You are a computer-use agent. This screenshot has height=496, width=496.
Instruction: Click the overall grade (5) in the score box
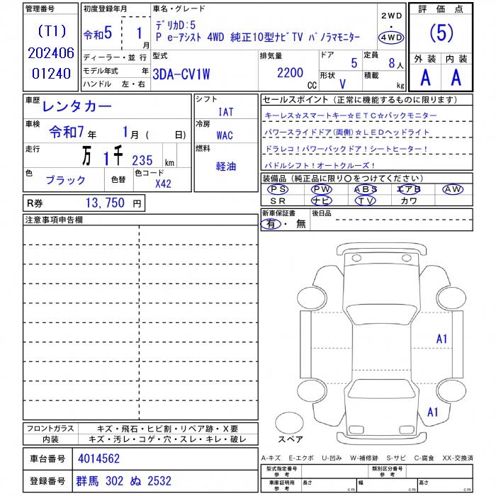pos(441,34)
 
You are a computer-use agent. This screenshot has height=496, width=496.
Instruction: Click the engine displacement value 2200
pos(291,72)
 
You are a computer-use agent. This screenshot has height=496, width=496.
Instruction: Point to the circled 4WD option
pos(391,38)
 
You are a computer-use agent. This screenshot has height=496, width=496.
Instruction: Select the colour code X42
pos(163,184)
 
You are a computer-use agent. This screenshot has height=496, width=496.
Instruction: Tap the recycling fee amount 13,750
pos(105,203)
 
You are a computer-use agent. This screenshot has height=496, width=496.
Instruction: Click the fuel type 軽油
pos(227,167)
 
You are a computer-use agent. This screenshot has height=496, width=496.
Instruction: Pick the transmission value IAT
pos(226,112)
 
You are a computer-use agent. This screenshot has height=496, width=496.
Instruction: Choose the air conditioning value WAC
pos(225,135)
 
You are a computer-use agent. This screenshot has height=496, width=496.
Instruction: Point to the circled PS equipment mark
pos(278,189)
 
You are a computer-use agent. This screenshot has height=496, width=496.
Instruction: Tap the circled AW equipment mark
pos(452,189)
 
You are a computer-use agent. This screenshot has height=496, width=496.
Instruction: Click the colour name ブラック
pos(66,181)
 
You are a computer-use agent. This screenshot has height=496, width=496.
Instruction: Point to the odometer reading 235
pos(142,160)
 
